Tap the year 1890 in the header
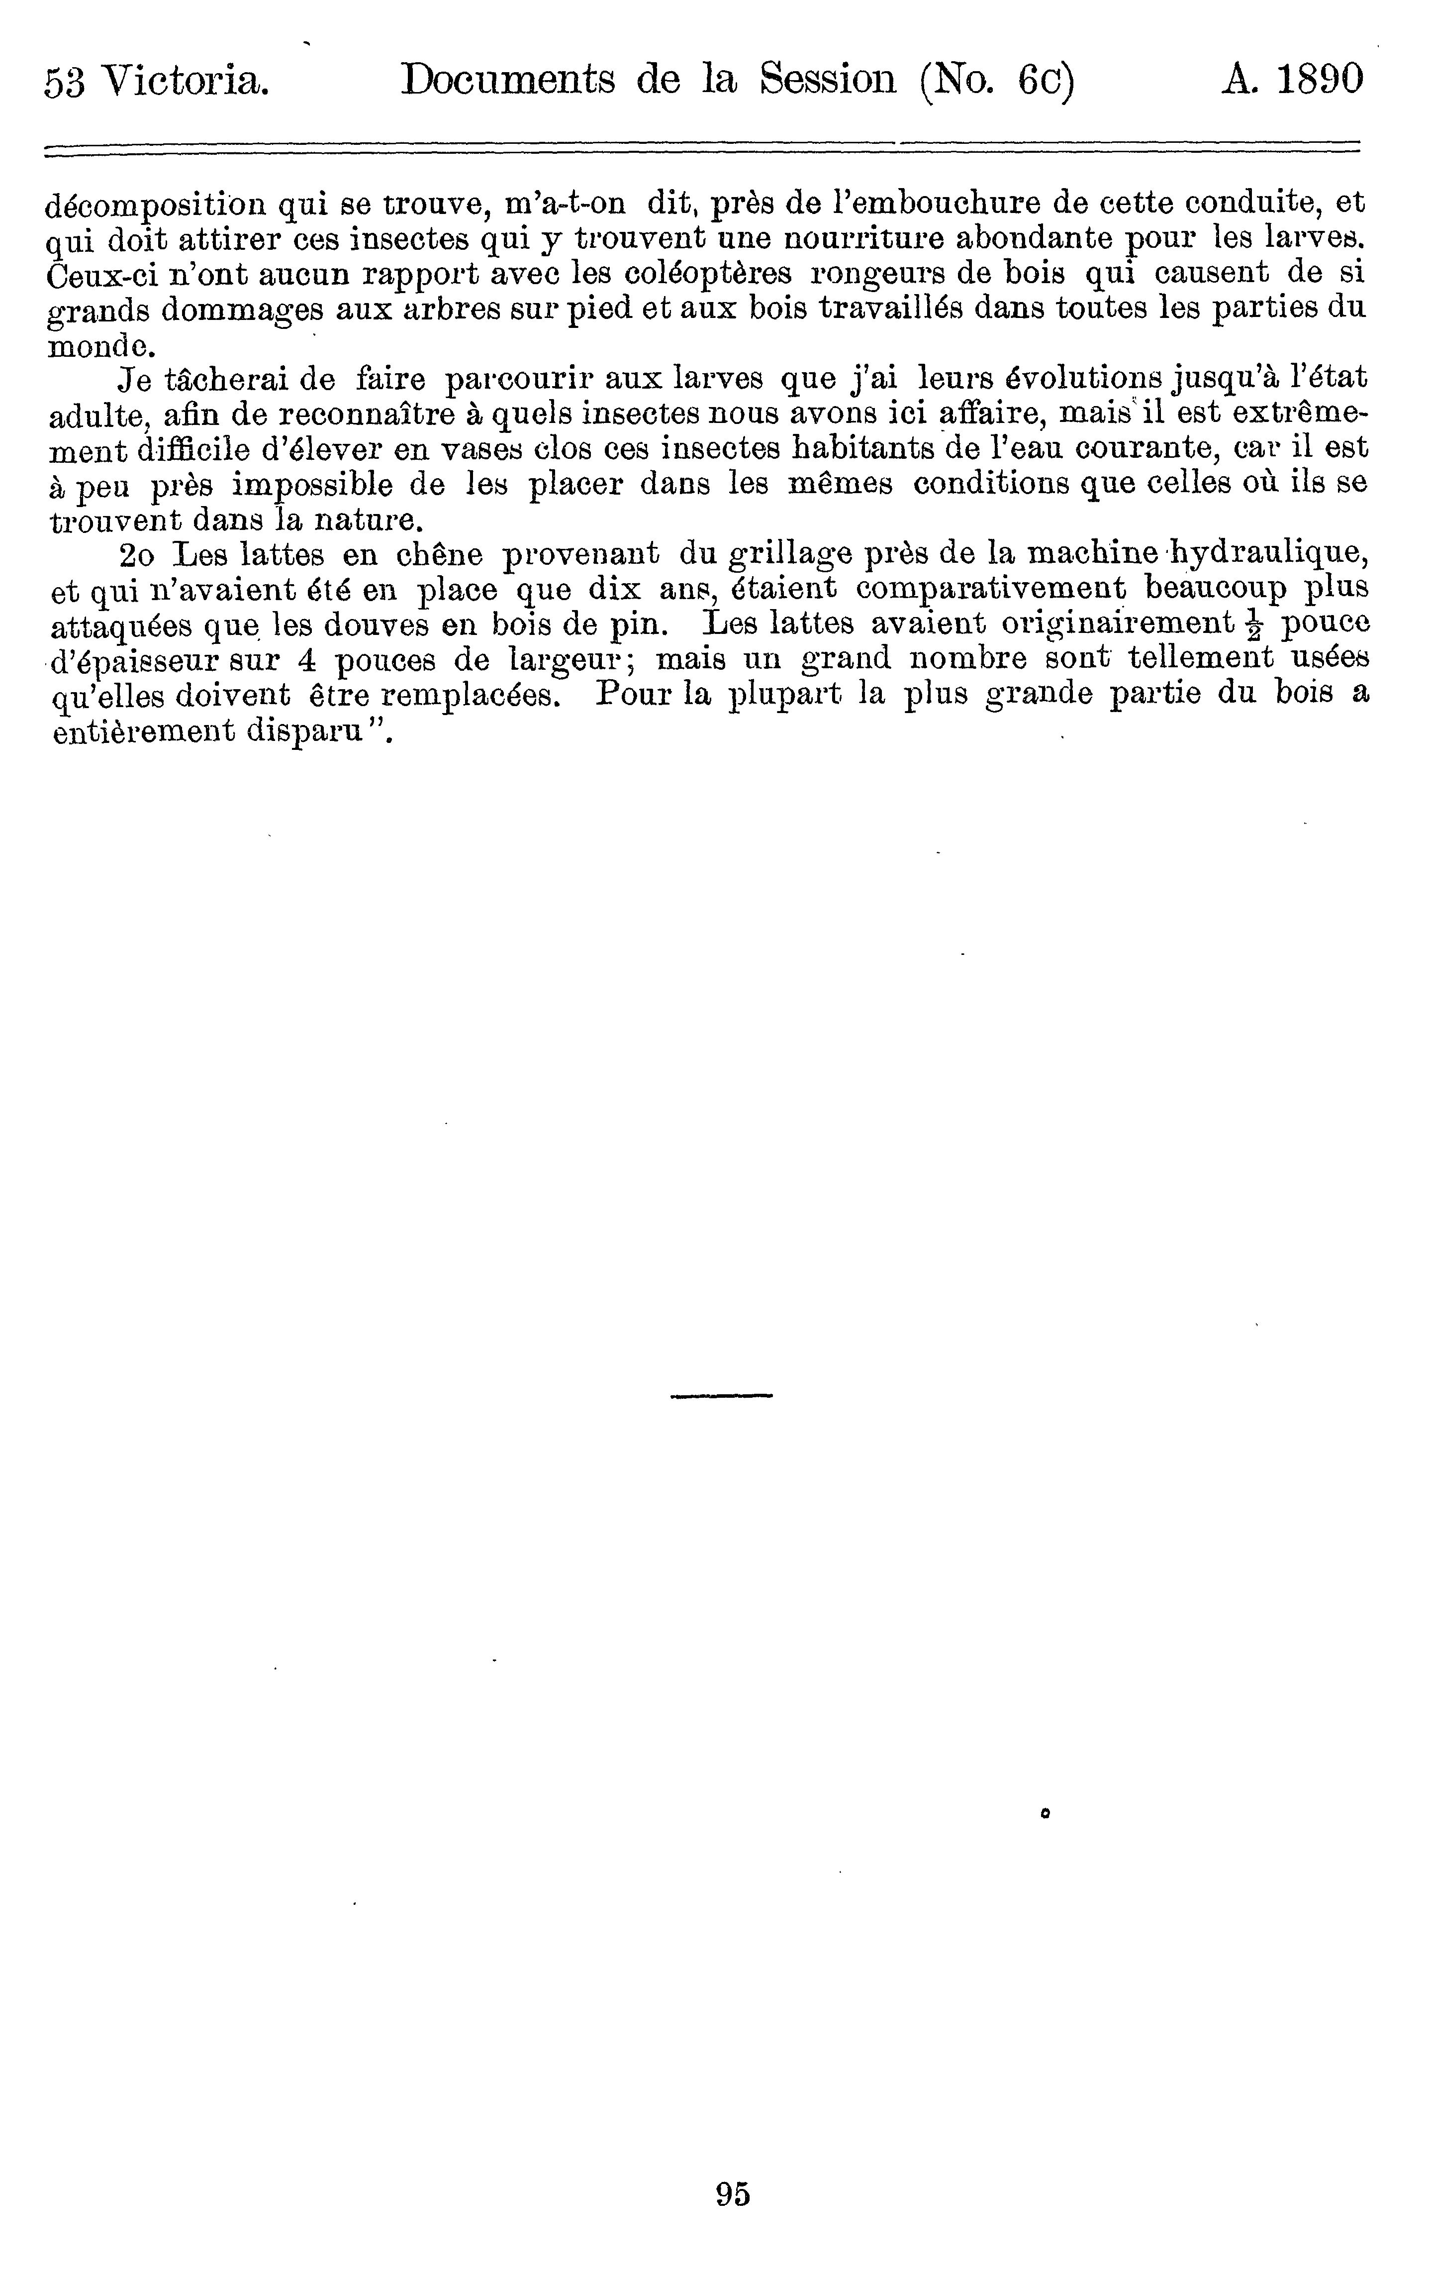coord(1320,80)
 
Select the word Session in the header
coord(828,80)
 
